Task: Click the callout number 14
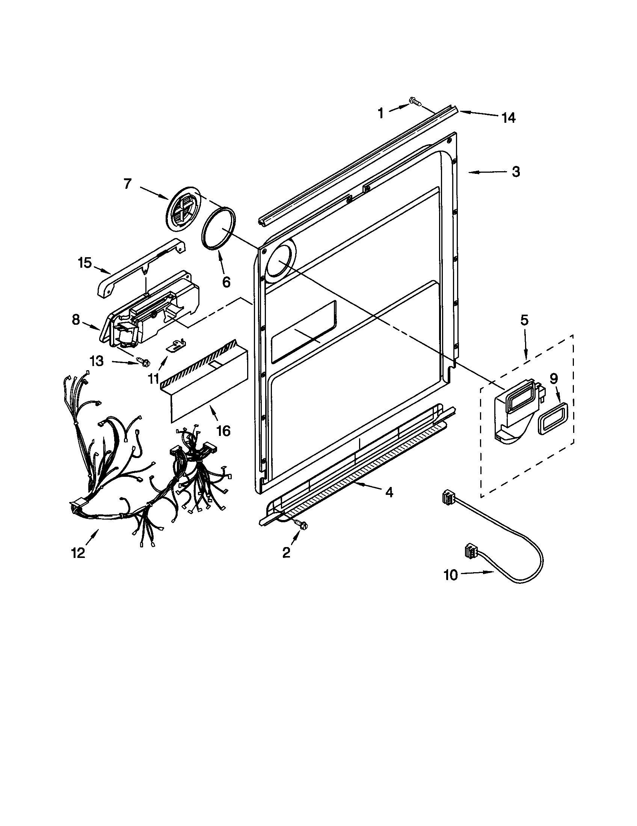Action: (509, 118)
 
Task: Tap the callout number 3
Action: (516, 172)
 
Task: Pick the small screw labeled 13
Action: (144, 362)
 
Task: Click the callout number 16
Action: (224, 431)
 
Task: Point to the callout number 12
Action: (78, 553)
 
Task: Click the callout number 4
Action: (388, 492)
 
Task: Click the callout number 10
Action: (450, 575)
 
